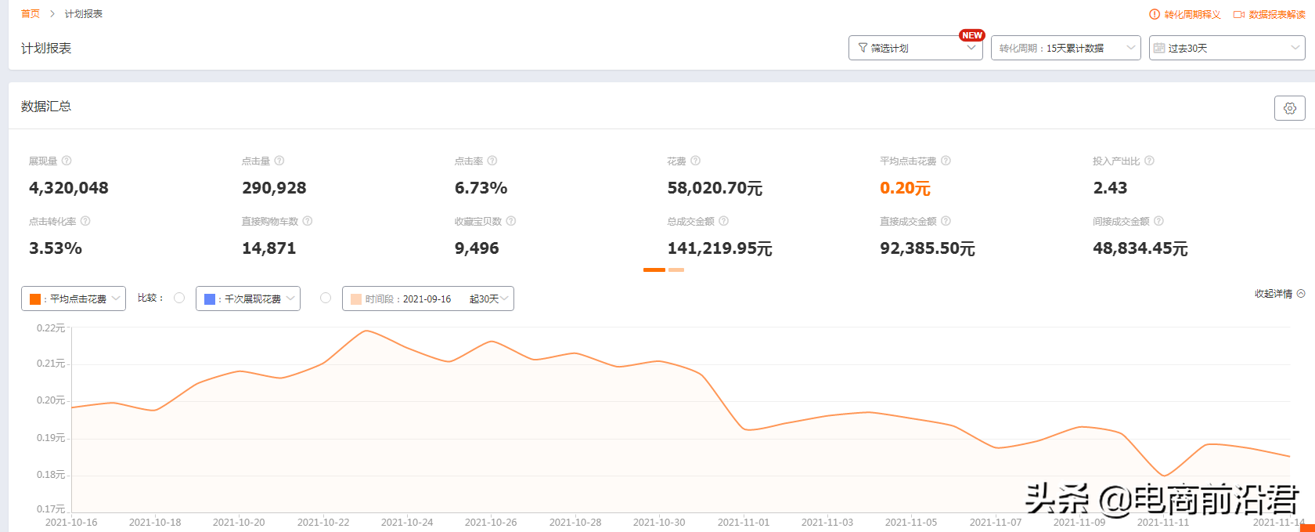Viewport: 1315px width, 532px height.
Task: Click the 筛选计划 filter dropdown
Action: pos(914,48)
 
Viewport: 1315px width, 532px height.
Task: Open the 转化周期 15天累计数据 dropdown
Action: pos(1065,48)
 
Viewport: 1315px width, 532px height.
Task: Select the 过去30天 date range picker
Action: pos(1226,48)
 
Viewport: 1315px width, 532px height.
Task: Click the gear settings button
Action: pos(1289,108)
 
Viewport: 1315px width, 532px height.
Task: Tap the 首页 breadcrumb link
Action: pos(31,14)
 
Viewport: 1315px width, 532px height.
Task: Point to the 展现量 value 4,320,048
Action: pos(69,188)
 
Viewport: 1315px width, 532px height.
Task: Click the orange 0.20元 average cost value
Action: pos(905,188)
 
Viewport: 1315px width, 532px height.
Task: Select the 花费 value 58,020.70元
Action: pos(715,188)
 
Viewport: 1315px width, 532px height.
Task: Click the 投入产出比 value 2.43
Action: pos(1110,188)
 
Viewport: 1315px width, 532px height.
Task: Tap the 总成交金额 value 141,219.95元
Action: pos(719,248)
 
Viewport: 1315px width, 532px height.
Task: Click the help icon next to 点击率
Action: pos(492,161)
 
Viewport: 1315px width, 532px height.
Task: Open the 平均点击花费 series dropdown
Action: pos(74,299)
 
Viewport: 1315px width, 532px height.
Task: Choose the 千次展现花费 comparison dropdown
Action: pos(248,299)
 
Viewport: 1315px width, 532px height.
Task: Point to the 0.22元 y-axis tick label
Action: pos(51,328)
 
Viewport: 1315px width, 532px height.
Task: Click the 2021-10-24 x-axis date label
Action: pos(407,522)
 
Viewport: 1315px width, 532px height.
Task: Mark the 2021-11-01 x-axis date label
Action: pos(744,522)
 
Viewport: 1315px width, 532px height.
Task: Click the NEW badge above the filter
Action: pos(972,35)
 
